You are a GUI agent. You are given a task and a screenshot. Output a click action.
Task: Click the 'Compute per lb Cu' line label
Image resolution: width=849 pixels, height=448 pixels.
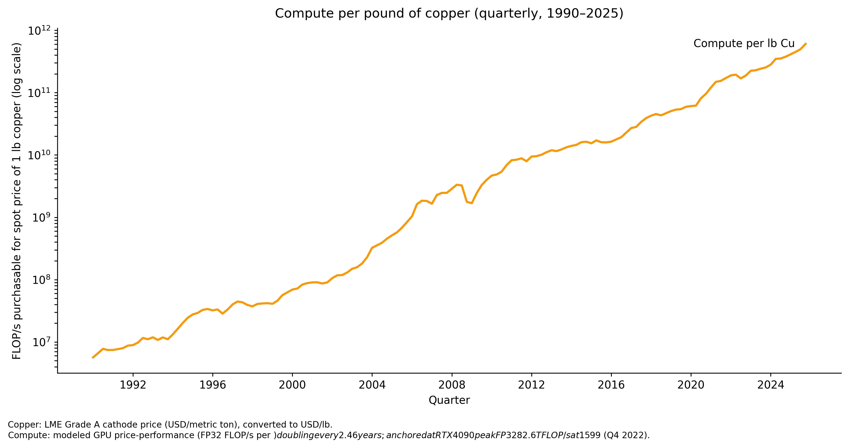click(x=744, y=43)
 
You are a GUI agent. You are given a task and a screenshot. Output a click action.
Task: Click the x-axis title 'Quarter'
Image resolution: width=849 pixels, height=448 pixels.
click(x=449, y=400)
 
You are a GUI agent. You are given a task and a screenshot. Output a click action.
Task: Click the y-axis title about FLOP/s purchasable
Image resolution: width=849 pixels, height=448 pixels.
click(x=17, y=201)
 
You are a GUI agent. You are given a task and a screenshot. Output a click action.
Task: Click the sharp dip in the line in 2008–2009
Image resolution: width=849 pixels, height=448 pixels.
click(x=472, y=203)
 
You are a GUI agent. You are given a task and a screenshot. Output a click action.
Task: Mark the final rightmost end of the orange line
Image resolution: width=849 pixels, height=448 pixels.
click(x=806, y=43)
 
